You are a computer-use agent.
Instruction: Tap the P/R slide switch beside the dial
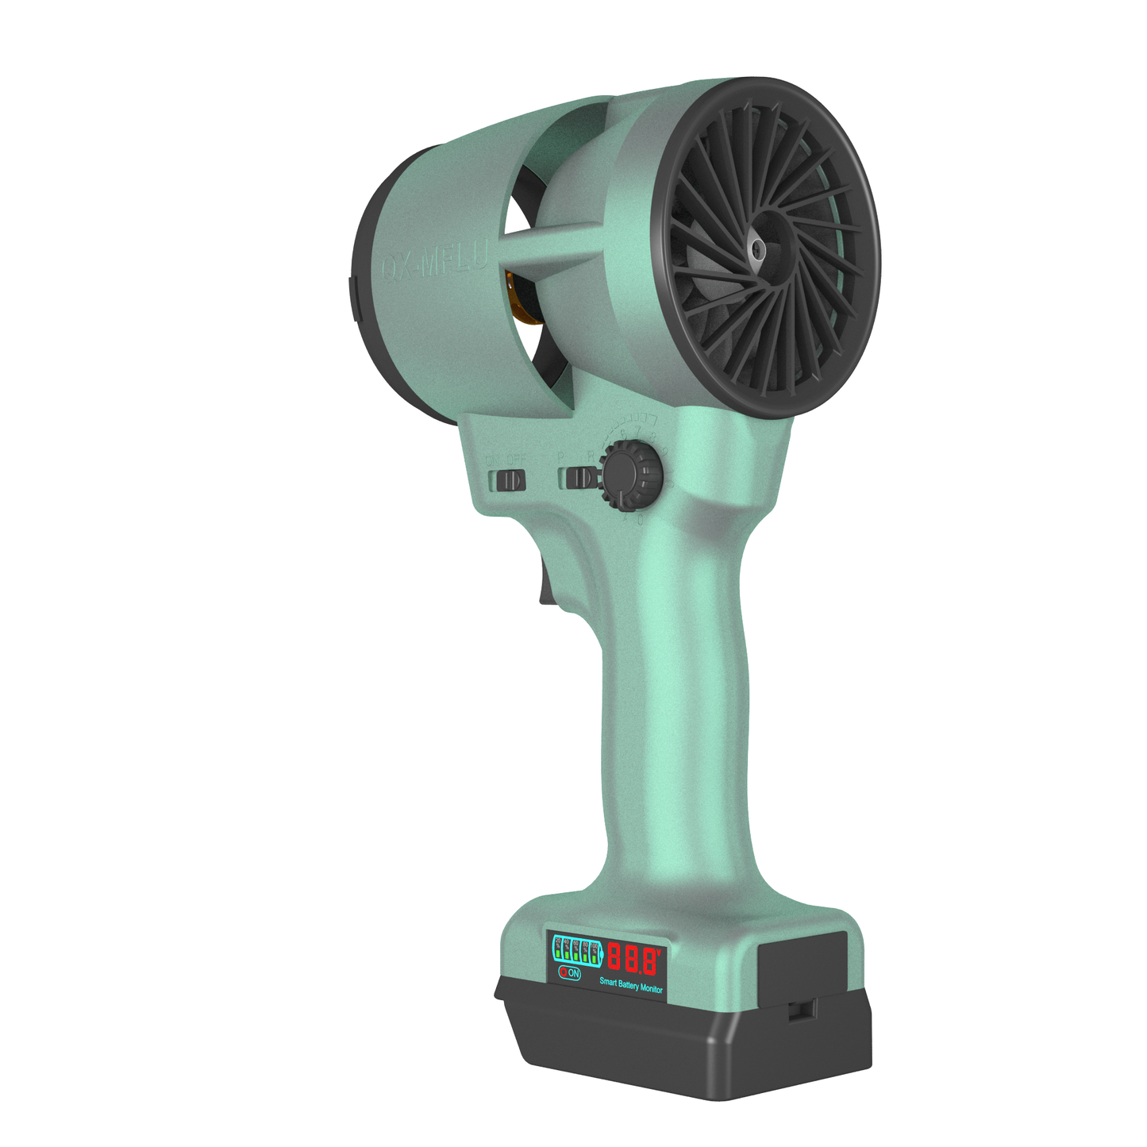580,478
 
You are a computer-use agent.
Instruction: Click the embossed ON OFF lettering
506,460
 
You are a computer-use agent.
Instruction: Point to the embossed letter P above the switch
560,458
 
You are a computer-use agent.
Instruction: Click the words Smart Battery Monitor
631,985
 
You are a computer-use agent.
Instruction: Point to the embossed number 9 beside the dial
664,452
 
